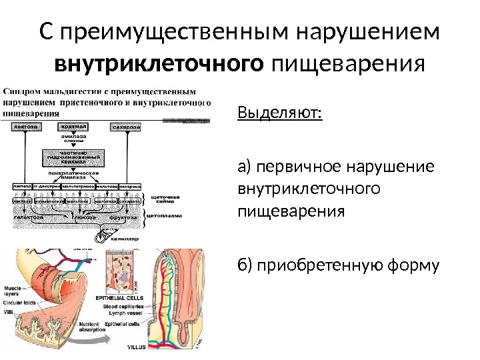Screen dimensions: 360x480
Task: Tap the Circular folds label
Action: pos(20,302)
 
